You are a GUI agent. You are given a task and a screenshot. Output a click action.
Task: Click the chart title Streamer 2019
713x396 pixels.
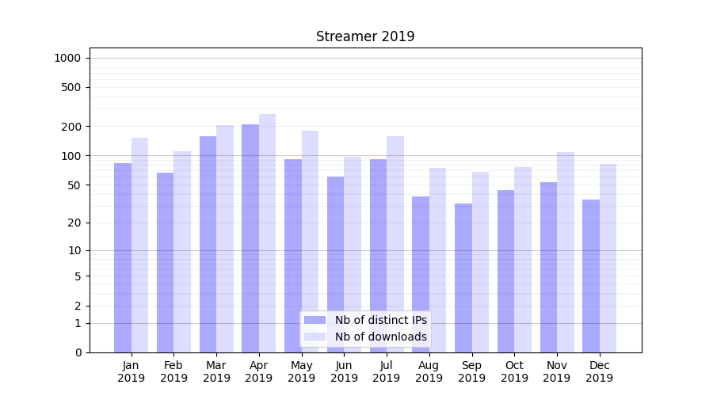(x=365, y=36)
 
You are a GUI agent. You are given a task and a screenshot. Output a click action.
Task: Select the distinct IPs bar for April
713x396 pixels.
(x=250, y=238)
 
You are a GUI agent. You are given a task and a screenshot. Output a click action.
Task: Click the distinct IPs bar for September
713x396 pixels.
(x=463, y=277)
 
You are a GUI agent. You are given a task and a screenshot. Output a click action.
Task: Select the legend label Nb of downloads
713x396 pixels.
(x=380, y=337)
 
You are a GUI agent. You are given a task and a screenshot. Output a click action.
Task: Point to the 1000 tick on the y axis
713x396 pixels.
(x=67, y=58)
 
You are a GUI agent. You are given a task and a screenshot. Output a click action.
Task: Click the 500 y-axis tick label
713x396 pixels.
(x=72, y=87)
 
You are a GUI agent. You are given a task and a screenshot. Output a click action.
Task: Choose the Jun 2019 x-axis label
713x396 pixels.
(x=344, y=371)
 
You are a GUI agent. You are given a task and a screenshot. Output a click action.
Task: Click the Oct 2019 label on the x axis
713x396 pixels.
(x=514, y=371)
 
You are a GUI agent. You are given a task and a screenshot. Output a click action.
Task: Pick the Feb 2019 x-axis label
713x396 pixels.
(x=173, y=371)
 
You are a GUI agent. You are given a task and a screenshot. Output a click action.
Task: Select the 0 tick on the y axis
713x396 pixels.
(x=78, y=352)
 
